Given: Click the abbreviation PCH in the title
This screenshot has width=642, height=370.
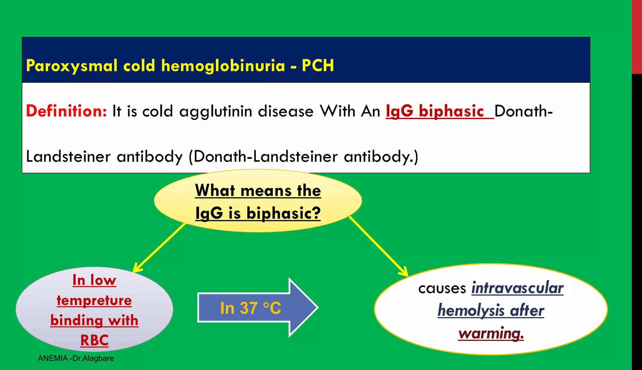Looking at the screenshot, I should point(318,66).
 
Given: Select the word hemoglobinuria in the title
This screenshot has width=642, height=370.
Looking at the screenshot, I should point(223,66).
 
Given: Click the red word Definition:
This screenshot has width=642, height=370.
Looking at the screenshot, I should point(66,111).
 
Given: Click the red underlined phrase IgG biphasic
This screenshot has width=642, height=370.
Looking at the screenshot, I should point(435,111).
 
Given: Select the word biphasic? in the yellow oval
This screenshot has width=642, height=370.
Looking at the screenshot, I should point(283,213).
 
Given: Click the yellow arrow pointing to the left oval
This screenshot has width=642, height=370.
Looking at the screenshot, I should point(160,248).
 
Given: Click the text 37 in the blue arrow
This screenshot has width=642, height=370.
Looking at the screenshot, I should point(249,308).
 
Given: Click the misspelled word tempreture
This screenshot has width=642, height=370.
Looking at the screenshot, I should point(94,300).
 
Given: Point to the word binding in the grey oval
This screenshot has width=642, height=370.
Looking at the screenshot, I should point(76,320).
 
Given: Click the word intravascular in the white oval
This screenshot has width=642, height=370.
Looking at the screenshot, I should point(517,288).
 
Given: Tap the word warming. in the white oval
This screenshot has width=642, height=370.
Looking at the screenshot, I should point(491,333).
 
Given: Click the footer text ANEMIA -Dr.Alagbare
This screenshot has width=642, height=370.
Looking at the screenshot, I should point(76,358).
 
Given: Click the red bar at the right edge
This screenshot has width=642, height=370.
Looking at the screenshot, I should point(637,37).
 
